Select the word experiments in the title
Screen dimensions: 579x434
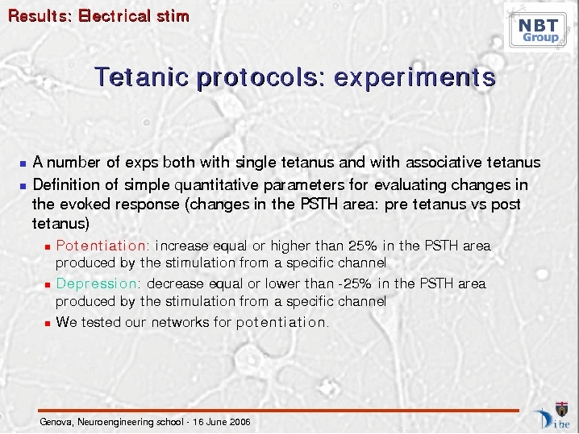tap(414, 78)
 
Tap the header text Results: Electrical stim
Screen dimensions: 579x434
tap(98, 16)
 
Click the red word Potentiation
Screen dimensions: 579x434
tap(101, 246)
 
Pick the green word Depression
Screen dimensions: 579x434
tap(97, 283)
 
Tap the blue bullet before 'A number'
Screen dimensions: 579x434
tap(23, 163)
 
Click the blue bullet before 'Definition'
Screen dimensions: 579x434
tap(23, 186)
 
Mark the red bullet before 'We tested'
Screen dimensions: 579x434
tap(48, 324)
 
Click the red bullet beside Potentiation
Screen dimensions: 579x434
tap(48, 247)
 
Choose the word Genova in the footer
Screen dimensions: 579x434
tap(56, 422)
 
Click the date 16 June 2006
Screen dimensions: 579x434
tap(222, 422)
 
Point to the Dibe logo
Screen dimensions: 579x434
tap(552, 415)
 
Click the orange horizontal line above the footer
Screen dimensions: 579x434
tap(278, 411)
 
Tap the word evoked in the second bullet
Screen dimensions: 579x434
tap(84, 205)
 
